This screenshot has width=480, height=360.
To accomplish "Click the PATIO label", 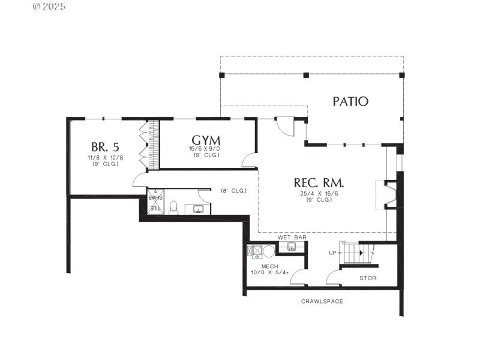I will coord(350,101).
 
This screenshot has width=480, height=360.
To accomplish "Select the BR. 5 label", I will coord(104,147).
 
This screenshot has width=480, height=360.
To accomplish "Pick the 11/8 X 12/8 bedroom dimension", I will coord(105,158).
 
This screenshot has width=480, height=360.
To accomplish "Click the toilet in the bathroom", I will coord(173,207).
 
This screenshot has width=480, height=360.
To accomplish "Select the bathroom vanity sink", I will coord(198,209).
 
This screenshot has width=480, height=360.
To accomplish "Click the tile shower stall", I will coord(155,202).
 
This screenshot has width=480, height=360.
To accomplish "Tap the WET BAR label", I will coord(292,238).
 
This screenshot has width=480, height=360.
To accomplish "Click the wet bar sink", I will coord(292,246).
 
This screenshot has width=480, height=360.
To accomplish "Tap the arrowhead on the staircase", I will coord(361,253).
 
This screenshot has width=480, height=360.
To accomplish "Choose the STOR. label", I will coord(368,278).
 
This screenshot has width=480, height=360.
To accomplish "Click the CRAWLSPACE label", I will coord(322,301).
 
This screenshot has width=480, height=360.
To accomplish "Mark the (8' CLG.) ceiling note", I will coord(233,190).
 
